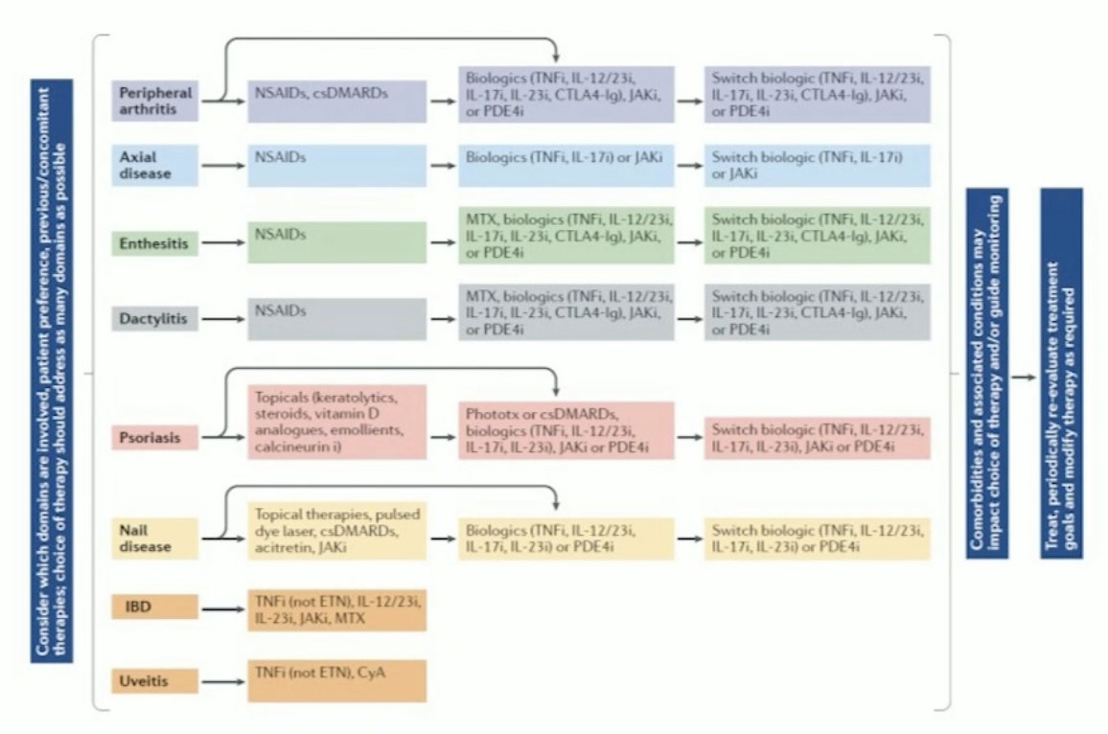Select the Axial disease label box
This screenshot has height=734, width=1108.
coord(154,166)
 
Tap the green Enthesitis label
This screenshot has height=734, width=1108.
coord(154,243)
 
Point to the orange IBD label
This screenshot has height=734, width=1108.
coord(154,608)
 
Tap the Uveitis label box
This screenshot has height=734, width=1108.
coord(154,682)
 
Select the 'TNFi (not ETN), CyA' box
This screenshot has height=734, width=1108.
coord(336,680)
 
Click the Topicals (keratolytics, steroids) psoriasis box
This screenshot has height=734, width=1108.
coord(336,424)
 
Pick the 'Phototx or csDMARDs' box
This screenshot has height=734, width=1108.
coord(566,429)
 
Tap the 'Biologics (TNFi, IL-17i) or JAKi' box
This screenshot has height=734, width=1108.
coord(566,166)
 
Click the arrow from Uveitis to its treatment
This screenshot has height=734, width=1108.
coord(222,682)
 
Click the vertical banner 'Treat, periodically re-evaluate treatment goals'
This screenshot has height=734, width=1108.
coord(1061,374)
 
